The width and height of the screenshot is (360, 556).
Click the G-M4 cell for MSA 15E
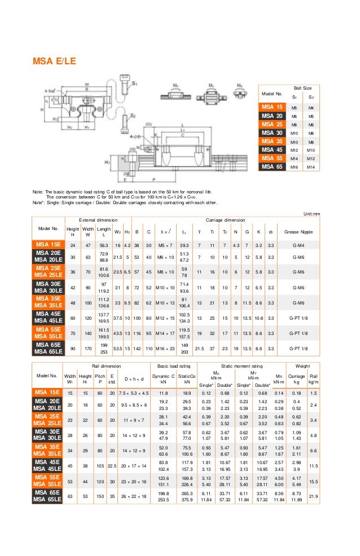(299, 245)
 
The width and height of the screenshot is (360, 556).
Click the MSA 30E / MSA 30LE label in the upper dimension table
(49, 287)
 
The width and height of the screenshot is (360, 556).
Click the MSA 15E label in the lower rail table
(49, 392)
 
